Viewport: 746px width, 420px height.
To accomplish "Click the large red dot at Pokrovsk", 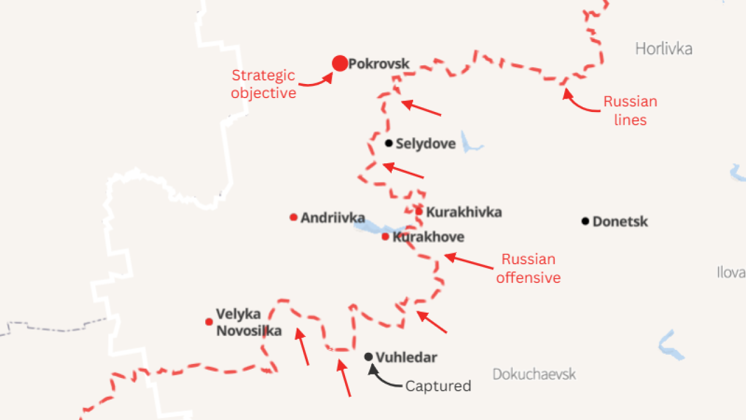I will [340, 64].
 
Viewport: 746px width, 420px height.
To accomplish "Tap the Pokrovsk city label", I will [379, 64].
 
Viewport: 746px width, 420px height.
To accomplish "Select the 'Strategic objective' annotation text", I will [263, 84].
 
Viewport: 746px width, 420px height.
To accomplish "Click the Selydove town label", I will [425, 143].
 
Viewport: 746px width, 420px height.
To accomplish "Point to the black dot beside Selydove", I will [389, 143].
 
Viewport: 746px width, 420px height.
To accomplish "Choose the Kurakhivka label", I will [463, 212].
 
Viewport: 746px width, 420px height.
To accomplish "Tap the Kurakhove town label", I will [428, 237].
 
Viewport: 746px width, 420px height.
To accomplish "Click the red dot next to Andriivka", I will [294, 218].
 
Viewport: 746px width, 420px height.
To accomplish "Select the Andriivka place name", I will [333, 218].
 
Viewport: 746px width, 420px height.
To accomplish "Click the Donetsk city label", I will [620, 222].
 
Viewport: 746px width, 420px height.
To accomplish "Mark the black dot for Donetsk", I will [585, 221].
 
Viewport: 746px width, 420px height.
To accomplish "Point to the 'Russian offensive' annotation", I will [529, 268].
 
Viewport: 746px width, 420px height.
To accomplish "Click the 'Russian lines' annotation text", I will [630, 110].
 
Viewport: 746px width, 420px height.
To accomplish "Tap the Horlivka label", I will [664, 48].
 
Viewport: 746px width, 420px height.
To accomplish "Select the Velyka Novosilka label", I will [249, 323].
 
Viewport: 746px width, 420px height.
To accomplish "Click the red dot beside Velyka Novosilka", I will [209, 322].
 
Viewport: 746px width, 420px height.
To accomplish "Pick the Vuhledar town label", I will [406, 358].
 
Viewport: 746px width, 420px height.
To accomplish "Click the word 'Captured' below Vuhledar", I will [438, 386].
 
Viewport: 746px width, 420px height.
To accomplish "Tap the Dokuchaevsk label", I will [534, 374].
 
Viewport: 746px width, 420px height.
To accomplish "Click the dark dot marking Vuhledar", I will [368, 357].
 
